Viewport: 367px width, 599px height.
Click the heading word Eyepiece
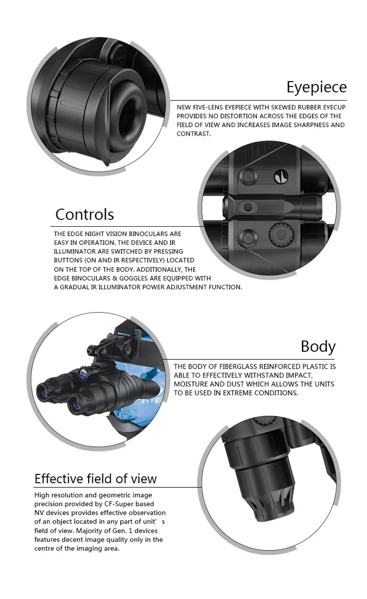(317, 87)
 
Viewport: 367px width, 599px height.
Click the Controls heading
(85, 214)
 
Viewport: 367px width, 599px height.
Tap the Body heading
(318, 347)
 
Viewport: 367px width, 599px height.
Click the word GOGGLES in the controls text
(133, 278)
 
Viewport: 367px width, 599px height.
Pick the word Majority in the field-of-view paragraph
(89, 531)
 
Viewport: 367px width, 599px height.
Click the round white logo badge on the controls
(281, 177)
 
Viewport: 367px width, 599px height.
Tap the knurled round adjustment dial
(281, 235)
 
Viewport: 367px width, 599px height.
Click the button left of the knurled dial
(248, 237)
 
